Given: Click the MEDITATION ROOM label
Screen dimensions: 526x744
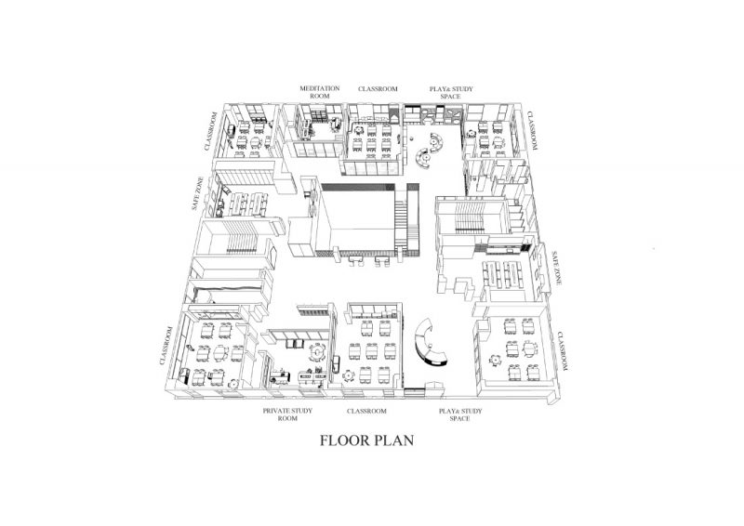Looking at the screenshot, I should coord(319,91).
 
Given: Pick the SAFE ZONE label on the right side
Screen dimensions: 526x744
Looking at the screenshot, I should coord(555,267).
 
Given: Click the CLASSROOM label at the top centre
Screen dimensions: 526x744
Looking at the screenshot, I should coord(379,88).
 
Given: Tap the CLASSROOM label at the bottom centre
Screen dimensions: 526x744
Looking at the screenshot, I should coord(366,409).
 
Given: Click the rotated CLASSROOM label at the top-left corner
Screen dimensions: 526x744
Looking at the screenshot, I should coord(212,131).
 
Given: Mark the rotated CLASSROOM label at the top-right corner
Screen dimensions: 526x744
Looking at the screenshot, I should coord(534,131).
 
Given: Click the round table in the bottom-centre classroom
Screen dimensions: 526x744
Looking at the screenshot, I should coord(349,374).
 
